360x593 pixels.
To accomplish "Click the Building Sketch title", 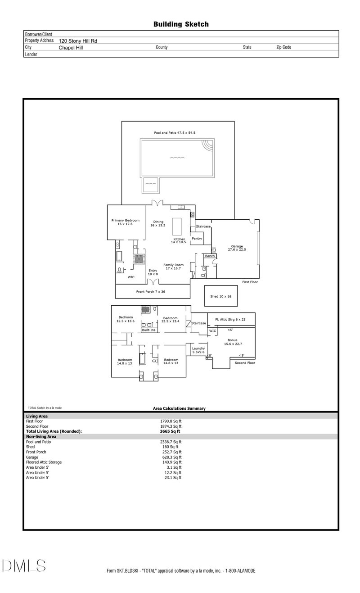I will point(181,24).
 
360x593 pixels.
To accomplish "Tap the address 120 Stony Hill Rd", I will point(78,41).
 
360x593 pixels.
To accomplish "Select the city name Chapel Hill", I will point(71,47).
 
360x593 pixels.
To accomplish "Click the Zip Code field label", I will point(283,47).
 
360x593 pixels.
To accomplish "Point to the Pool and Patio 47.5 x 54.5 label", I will point(175,133).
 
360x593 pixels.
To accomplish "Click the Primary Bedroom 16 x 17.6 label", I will point(125,222).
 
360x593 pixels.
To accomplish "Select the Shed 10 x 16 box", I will point(220,296).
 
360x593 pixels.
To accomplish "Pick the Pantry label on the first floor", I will point(197,239).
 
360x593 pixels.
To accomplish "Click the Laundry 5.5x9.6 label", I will point(198,350).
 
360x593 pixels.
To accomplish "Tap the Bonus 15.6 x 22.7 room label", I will point(233,342).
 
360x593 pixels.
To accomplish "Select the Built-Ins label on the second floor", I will point(148,330).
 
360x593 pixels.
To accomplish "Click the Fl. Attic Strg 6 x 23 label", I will point(231,320).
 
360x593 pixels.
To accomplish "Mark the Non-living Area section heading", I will point(41,437).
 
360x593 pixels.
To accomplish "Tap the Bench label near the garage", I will point(210,256).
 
